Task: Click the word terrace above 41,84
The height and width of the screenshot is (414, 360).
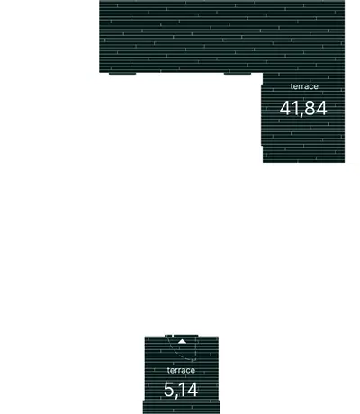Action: pyautogui.click(x=304, y=86)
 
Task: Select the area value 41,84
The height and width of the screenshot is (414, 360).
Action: pyautogui.click(x=303, y=108)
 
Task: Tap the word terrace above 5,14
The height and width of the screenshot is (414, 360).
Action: pyautogui.click(x=181, y=370)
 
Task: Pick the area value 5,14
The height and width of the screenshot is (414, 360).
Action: pyautogui.click(x=181, y=390)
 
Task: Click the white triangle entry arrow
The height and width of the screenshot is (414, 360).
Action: pyautogui.click(x=182, y=341)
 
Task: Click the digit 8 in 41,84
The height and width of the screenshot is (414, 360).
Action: pyautogui.click(x=310, y=108)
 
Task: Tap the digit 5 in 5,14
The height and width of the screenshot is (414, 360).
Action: pyautogui.click(x=169, y=390)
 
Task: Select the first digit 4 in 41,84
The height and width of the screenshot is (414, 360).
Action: pyautogui.click(x=285, y=108)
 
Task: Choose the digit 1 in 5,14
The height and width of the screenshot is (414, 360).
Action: pyautogui.click(x=182, y=390)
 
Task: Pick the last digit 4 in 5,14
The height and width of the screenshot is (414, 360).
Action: pyautogui.click(x=193, y=390)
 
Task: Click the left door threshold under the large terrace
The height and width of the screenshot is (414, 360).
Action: pyautogui.click(x=122, y=73)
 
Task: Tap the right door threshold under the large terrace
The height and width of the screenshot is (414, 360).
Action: pyautogui.click(x=238, y=73)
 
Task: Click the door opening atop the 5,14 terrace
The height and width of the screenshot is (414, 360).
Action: pyautogui.click(x=182, y=336)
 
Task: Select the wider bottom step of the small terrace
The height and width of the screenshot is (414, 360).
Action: pyautogui.click(x=182, y=407)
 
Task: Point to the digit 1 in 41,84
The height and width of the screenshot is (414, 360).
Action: pyautogui.click(x=294, y=108)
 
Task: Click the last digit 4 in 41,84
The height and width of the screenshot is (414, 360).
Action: pyautogui.click(x=321, y=108)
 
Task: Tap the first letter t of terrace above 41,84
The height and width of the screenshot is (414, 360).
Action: pyautogui.click(x=292, y=86)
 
